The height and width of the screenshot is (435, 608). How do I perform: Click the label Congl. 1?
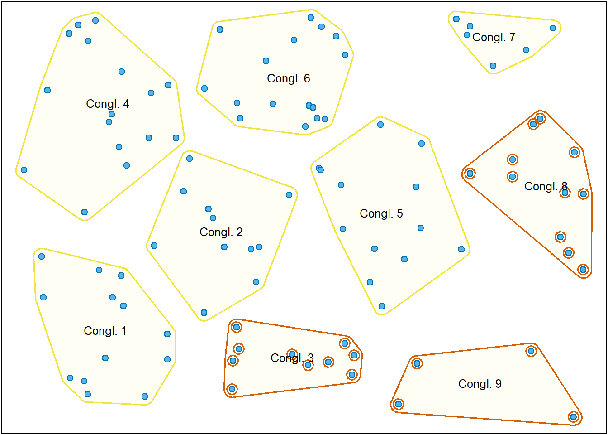tap(105, 331)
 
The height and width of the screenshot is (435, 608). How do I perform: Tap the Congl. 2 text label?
tap(221, 232)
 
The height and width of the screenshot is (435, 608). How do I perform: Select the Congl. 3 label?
tap(292, 358)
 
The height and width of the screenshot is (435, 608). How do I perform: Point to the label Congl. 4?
tap(107, 104)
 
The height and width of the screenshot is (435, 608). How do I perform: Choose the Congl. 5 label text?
tap(381, 213)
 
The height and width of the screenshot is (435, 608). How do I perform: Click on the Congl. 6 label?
tap(288, 78)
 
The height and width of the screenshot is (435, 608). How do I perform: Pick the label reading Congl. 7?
tap(494, 37)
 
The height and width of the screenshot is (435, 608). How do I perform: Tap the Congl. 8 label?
tap(546, 186)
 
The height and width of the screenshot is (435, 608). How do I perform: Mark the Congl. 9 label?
tap(480, 384)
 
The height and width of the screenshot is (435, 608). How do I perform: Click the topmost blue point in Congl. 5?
tap(380, 125)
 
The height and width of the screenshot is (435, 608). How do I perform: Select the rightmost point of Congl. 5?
tap(461, 249)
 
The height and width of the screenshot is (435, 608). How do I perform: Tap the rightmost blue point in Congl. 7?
tap(553, 28)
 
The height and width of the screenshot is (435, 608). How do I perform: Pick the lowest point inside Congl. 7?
tap(493, 66)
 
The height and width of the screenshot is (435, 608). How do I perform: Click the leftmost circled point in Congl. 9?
tap(399, 404)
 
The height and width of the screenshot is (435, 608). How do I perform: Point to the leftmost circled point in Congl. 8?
tap(470, 174)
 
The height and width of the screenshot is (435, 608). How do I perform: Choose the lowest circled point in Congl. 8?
tap(583, 270)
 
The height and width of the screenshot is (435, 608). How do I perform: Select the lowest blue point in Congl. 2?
tap(204, 313)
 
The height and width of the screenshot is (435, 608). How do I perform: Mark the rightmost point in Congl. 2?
tap(289, 195)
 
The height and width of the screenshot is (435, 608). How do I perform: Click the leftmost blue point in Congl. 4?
tap(24, 170)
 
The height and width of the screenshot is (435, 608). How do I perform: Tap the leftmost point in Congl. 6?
tap(204, 88)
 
